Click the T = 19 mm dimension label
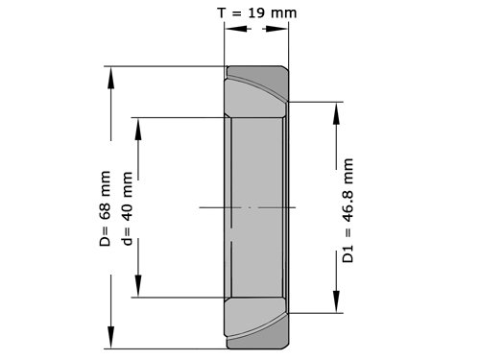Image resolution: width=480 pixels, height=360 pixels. pyautogui.click(x=257, y=12)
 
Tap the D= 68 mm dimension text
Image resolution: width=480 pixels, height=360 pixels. pyautogui.click(x=105, y=208)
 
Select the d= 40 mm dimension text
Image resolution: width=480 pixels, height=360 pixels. pyautogui.click(x=127, y=208)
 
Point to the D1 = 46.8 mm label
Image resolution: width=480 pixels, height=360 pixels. pyautogui.click(x=348, y=210)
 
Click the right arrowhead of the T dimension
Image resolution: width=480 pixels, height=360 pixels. pyautogui.click(x=276, y=29)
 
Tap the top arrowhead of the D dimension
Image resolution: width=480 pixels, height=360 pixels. pyautogui.click(x=111, y=78)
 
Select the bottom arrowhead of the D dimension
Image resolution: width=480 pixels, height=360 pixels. pyautogui.click(x=111, y=337)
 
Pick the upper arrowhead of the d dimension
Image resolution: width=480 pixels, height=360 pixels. pyautogui.click(x=138, y=129)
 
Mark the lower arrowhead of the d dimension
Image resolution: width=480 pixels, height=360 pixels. pyautogui.click(x=138, y=286)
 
